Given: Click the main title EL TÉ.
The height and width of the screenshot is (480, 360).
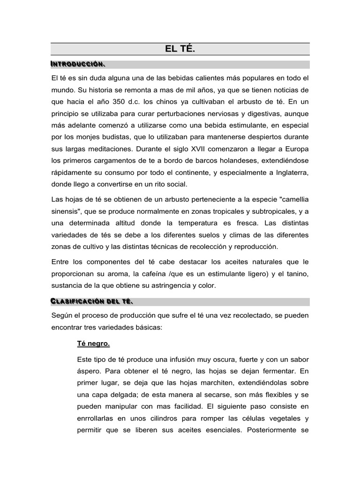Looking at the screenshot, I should click(x=180, y=49).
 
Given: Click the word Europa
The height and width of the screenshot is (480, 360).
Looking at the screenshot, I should click(x=296, y=150).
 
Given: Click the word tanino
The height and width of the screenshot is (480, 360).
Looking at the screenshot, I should click(x=296, y=273).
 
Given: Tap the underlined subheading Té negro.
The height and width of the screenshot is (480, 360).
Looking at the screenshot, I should click(x=93, y=344).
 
